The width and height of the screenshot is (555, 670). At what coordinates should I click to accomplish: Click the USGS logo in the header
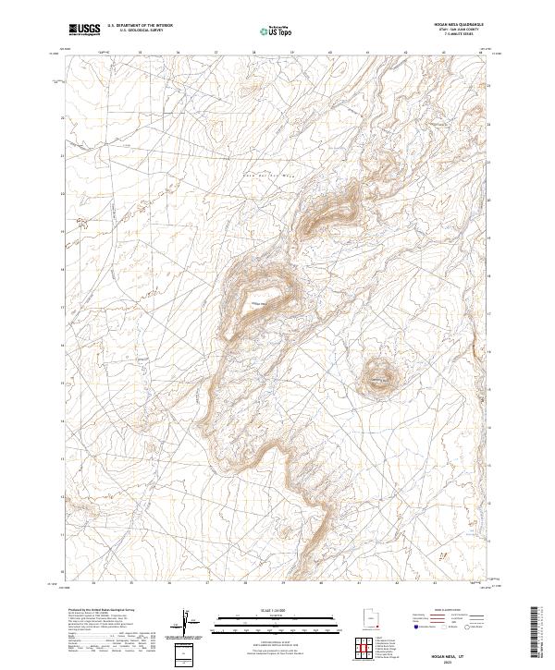click(85, 30)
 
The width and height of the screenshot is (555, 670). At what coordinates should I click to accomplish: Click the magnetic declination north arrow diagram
click(186, 627)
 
